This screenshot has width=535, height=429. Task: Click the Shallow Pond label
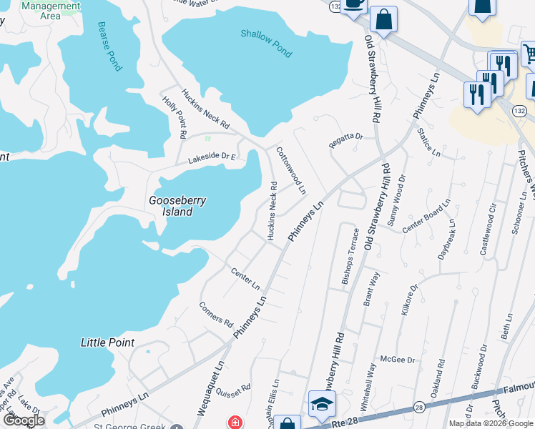click(266, 43)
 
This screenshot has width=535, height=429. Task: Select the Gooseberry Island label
click(176, 206)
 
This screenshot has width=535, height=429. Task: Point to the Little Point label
click(107, 342)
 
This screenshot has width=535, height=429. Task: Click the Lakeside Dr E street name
click(212, 159)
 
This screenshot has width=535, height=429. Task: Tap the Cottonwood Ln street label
click(291, 171)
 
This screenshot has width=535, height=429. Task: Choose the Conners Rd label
click(216, 312)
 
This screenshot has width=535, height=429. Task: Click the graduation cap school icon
click(322, 405)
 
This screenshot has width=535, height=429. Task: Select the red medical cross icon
click(234, 423)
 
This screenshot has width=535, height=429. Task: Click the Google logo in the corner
click(24, 420)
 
